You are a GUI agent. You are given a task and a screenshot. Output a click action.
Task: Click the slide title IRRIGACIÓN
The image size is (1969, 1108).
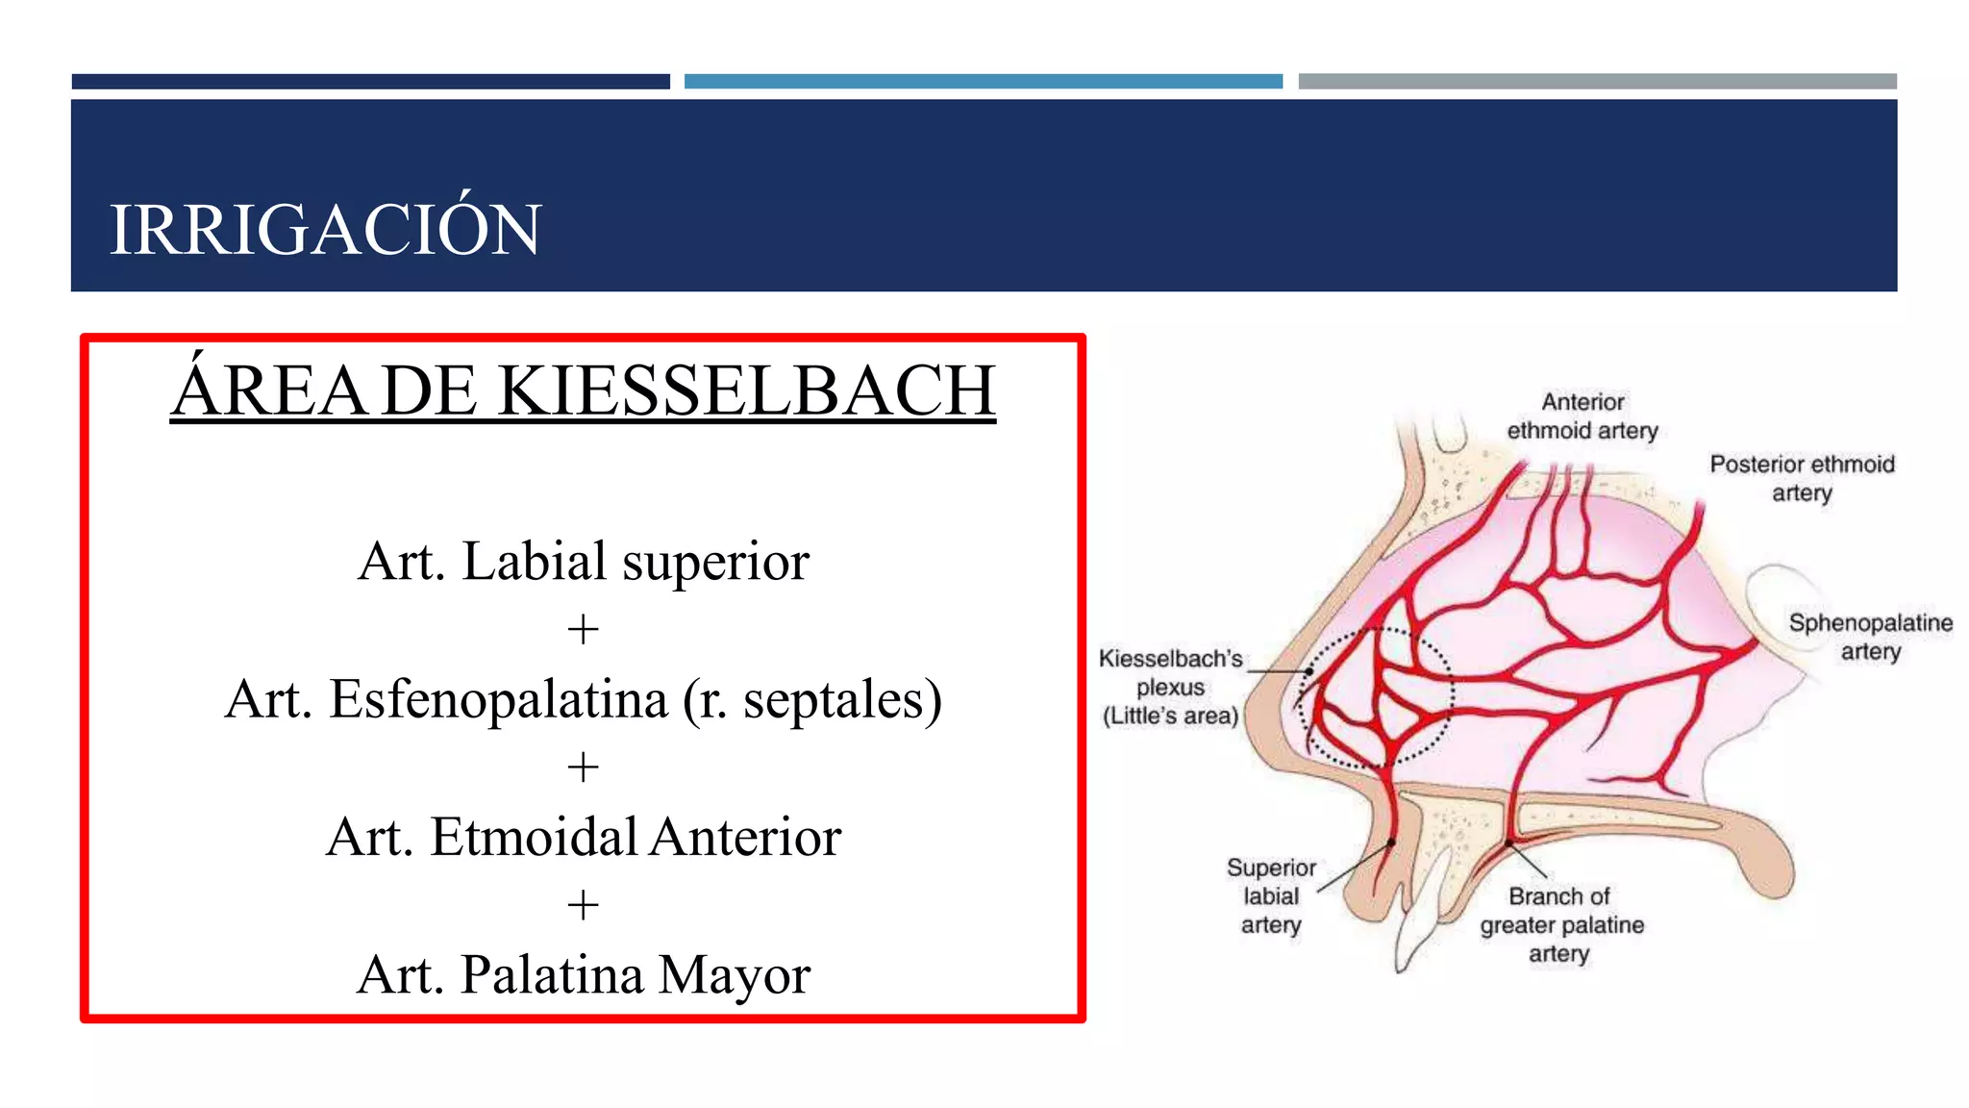325,230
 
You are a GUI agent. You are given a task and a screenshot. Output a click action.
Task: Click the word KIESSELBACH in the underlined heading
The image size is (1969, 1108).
746,390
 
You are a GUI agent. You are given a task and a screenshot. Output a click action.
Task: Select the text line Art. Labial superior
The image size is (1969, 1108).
584,562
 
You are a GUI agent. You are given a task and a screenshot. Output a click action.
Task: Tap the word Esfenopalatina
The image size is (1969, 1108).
498,699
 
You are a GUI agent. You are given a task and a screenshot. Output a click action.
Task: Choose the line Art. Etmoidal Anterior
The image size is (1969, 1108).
584,837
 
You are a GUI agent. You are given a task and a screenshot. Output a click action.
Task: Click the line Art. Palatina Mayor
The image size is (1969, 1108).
584,975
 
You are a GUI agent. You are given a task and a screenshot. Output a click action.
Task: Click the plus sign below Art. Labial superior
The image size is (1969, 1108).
583,631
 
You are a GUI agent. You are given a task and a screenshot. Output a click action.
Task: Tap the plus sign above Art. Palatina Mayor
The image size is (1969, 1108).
583,906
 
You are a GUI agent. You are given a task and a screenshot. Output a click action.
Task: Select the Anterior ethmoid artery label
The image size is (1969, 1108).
1583,416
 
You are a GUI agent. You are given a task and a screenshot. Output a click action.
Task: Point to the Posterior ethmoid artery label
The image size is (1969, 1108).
1802,478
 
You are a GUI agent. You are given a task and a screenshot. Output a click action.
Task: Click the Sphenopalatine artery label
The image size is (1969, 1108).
1870,637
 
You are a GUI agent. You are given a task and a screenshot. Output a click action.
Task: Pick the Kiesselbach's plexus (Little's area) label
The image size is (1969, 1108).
1170,687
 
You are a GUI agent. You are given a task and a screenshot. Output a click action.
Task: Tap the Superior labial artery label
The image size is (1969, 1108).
1271,896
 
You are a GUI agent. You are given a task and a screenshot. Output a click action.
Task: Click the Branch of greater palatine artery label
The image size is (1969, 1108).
1561,924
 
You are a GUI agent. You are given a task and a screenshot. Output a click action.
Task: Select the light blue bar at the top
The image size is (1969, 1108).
983,82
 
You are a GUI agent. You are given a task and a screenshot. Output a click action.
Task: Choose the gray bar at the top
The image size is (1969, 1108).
1597,82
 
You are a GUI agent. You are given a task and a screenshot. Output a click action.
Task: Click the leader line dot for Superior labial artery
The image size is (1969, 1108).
1391,844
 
